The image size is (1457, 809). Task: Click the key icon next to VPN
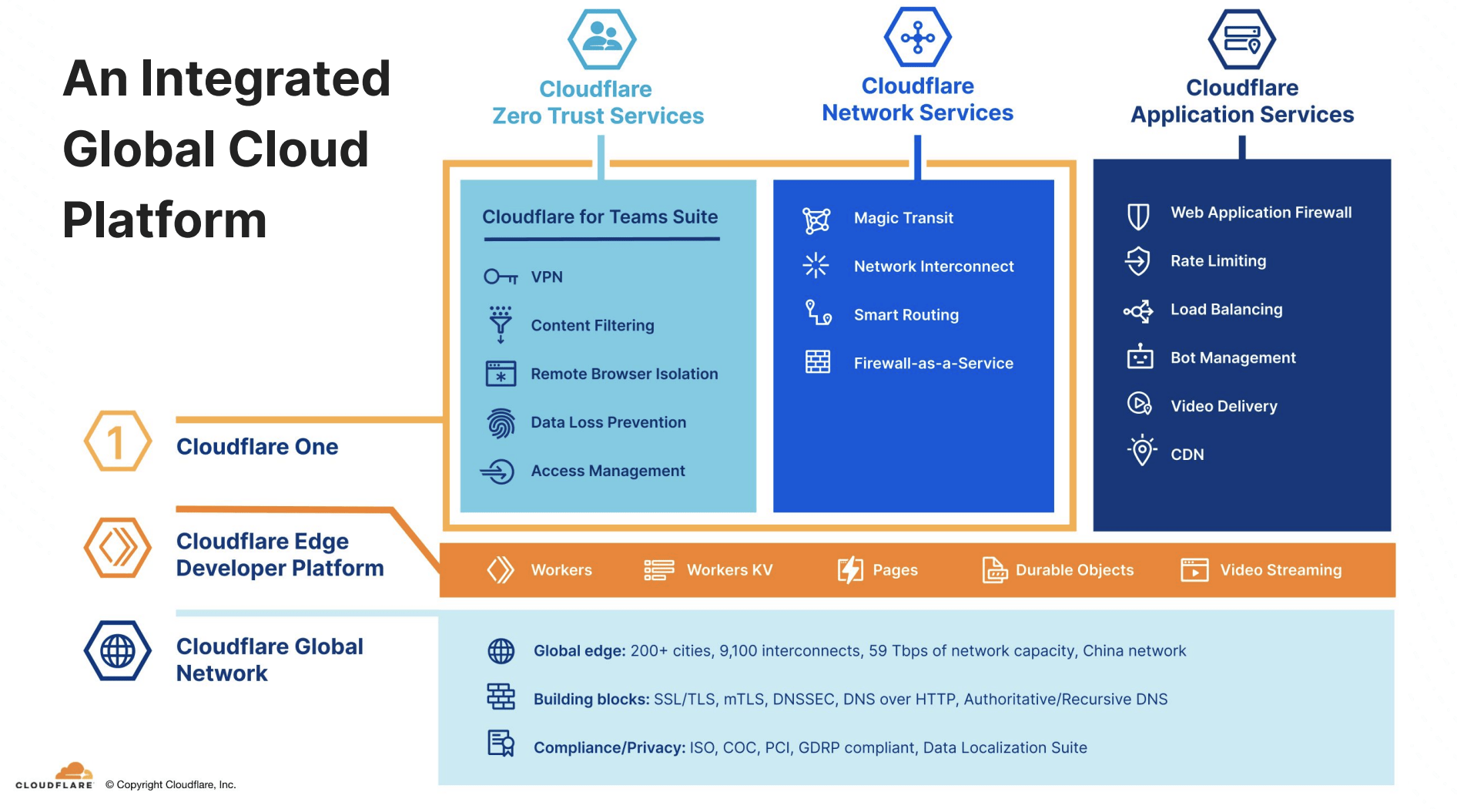(501, 277)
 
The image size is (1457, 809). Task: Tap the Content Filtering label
(592, 325)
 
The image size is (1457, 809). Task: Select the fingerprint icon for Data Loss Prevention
(501, 423)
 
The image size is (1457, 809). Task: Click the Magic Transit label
(903, 218)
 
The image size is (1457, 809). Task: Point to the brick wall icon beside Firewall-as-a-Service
(818, 362)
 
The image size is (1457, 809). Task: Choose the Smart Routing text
(906, 315)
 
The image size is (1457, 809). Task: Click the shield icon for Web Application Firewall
(1138, 217)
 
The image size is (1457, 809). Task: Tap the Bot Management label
(1233, 358)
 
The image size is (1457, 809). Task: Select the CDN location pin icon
(1142, 451)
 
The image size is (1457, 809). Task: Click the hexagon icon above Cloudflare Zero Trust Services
(601, 39)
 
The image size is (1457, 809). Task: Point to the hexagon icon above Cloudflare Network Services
(917, 37)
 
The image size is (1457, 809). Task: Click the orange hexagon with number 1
(117, 441)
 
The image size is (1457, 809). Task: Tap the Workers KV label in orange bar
(729, 570)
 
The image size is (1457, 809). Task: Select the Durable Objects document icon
(994, 570)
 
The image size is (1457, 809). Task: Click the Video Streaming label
(1281, 570)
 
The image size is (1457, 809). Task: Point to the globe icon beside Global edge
(501, 651)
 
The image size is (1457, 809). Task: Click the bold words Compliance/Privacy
(608, 747)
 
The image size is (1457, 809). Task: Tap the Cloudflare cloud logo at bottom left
(73, 771)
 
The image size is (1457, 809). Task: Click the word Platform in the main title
(164, 220)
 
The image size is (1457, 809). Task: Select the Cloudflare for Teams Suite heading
(600, 217)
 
